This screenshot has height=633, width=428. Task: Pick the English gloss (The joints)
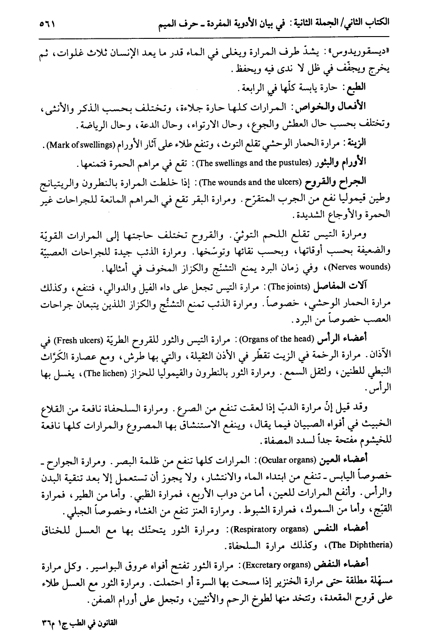click(x=288, y=287)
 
